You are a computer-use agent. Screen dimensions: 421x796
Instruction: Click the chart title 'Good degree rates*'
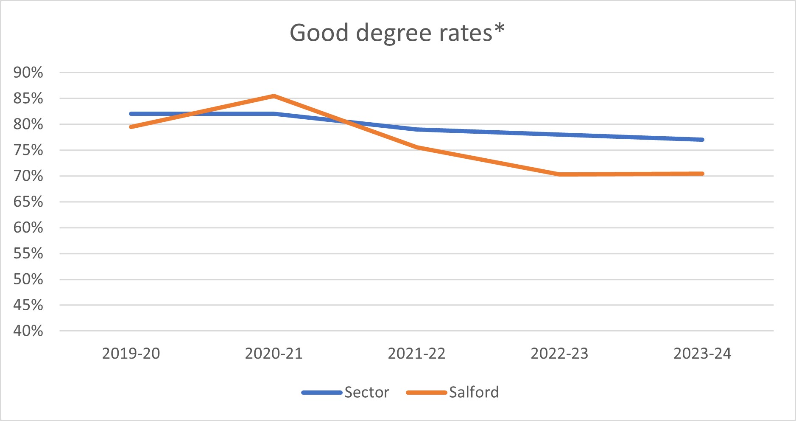(397, 33)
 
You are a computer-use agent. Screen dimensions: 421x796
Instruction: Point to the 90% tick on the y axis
(28, 73)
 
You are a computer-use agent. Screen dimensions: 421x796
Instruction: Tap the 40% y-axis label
(28, 331)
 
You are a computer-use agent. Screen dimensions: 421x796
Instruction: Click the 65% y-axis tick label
(28, 202)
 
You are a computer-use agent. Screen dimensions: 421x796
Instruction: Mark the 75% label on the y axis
(28, 150)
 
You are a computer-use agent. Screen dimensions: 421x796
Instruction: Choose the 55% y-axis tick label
(28, 253)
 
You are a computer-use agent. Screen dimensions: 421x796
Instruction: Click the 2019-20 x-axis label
(131, 354)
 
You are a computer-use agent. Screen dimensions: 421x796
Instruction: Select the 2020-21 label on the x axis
(274, 354)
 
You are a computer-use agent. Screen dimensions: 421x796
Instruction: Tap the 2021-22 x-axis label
(417, 354)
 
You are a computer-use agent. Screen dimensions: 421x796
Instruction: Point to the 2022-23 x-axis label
(560, 354)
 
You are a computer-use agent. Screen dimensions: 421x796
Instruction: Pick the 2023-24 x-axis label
(702, 354)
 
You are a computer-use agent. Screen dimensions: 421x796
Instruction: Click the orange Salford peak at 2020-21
(274, 96)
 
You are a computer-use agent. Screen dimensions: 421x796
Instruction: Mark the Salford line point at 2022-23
(560, 174)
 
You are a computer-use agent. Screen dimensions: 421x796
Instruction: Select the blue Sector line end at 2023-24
(702, 140)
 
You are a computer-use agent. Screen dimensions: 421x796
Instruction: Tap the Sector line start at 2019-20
(131, 114)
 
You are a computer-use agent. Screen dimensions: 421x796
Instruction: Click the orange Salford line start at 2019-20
(131, 127)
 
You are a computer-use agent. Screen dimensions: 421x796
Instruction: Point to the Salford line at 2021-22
(417, 147)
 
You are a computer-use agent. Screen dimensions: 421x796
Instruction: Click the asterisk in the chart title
(499, 28)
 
